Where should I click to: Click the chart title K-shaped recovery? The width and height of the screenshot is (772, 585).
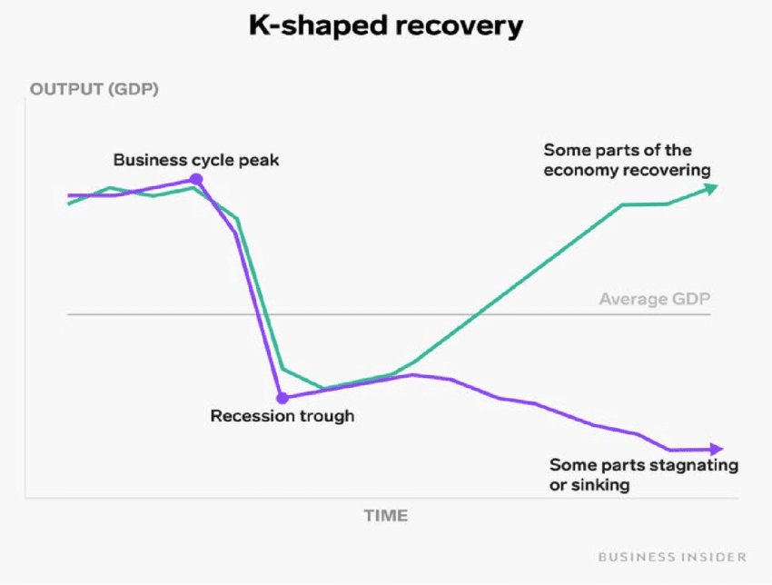tap(386, 26)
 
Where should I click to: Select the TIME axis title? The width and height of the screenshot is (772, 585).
tap(386, 515)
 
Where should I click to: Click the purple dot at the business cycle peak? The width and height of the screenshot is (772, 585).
tap(196, 180)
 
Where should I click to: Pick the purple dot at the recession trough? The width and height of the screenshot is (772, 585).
tap(282, 397)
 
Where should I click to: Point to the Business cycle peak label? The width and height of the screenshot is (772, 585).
tap(196, 160)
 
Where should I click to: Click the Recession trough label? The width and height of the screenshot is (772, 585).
tap(282, 416)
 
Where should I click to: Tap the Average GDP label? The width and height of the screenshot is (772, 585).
tap(654, 299)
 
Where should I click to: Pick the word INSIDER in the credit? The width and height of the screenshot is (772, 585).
tap(714, 556)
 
